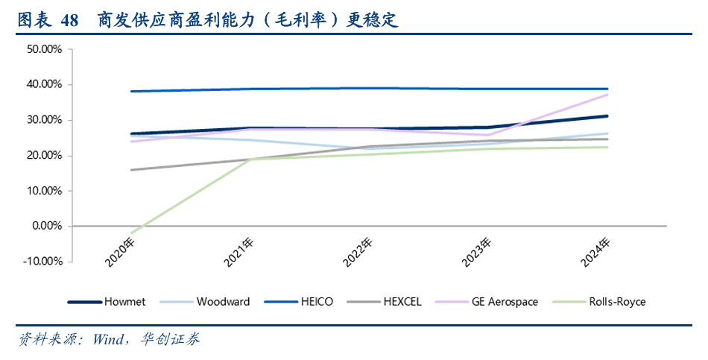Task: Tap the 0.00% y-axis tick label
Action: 48,226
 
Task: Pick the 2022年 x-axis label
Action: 358,253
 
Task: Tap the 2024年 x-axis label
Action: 596,253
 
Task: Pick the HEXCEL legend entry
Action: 402,302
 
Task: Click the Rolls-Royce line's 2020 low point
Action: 132,233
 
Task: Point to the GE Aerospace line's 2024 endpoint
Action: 607,95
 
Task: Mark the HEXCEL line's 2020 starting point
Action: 132,170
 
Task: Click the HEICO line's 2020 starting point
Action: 132,92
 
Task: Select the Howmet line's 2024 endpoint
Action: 607,116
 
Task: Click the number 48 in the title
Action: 69,20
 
